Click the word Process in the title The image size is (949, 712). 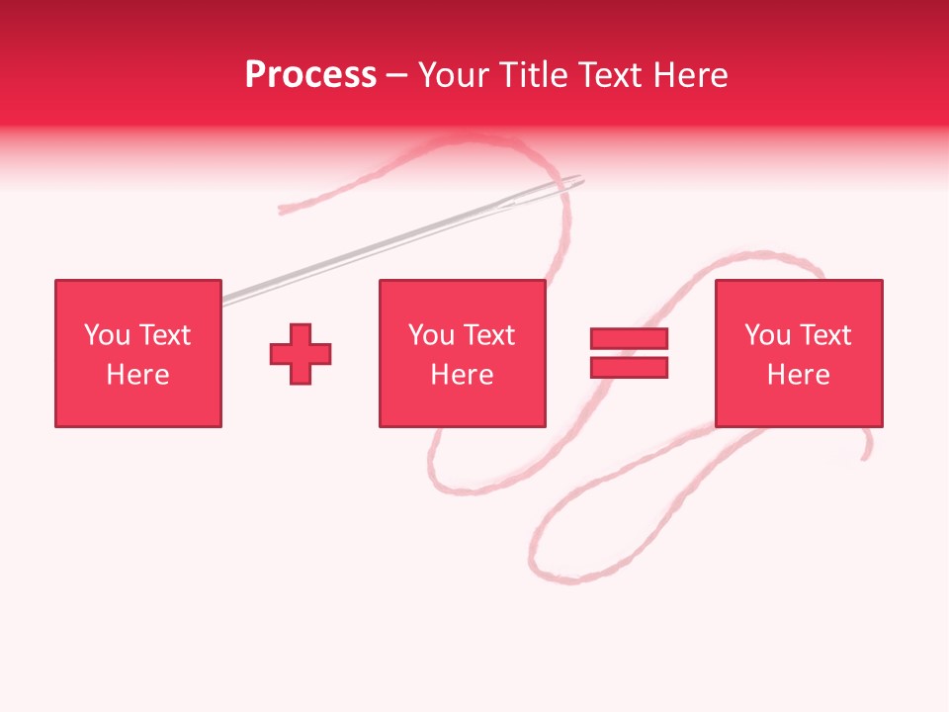click(x=310, y=75)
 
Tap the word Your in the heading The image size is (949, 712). click(x=452, y=75)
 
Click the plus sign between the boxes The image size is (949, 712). click(x=301, y=354)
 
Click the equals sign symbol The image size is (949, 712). click(x=629, y=353)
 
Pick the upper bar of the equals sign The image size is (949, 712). click(x=629, y=339)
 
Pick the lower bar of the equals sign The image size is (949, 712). click(x=629, y=367)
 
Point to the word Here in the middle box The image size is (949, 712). click(x=462, y=375)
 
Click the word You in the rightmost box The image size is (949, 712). click(x=767, y=335)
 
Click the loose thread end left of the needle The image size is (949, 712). click(x=283, y=209)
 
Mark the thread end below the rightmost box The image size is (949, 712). click(x=866, y=455)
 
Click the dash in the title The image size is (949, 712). click(x=397, y=76)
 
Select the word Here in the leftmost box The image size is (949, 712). click(x=138, y=375)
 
